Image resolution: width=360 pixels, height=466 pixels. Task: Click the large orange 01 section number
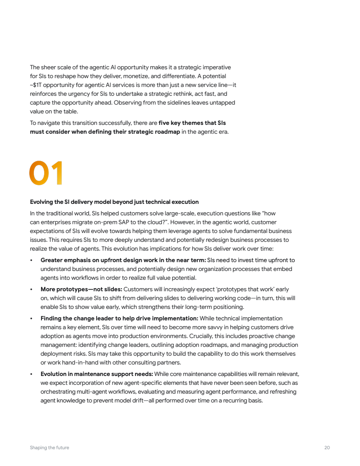click(46, 173)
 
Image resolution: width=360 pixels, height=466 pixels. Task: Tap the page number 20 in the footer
click(327, 447)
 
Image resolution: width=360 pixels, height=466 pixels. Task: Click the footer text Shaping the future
click(49, 447)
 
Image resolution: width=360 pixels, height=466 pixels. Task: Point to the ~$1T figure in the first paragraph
click(36, 85)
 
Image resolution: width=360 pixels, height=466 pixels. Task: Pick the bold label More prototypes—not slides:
click(81, 289)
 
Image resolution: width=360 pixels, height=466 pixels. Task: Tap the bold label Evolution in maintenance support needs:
click(97, 374)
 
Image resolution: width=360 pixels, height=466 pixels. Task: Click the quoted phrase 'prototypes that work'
click(249, 289)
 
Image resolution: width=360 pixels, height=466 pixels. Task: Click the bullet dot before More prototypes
click(31, 289)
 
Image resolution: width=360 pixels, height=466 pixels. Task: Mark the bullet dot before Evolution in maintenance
click(31, 374)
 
